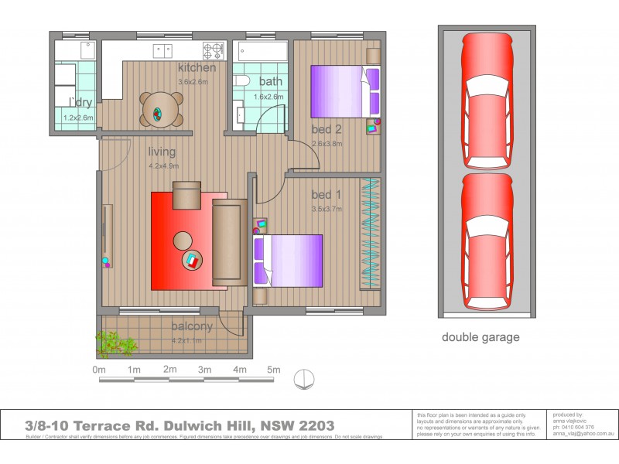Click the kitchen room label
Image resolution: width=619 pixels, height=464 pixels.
[197, 68]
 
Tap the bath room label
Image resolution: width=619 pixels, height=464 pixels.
[271, 82]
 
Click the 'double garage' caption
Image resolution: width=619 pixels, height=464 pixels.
[480, 337]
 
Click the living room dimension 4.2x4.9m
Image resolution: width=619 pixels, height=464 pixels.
[163, 165]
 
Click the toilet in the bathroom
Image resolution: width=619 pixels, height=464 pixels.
[241, 83]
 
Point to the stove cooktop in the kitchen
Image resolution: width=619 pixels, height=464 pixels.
[214, 51]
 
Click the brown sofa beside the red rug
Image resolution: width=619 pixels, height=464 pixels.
[229, 241]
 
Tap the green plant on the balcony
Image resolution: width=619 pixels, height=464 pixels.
[113, 341]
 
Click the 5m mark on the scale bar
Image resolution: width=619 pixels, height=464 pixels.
[273, 370]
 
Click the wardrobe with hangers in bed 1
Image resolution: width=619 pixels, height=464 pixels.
[371, 234]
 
